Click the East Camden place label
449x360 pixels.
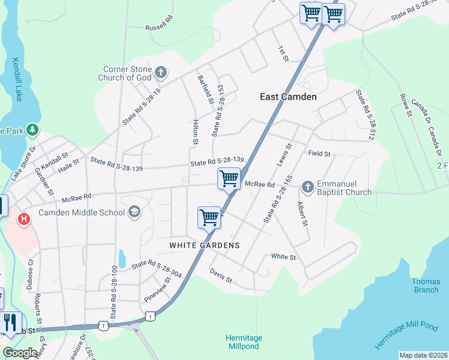tap(288, 96)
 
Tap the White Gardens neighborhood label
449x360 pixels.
tap(204, 245)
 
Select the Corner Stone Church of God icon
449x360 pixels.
tap(160, 73)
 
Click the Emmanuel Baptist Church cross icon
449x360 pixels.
tap(307, 187)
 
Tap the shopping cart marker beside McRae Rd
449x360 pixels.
tap(229, 179)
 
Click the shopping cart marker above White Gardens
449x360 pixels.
tap(209, 217)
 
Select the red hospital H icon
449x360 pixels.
tap(24, 220)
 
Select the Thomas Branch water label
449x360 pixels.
tap(426, 286)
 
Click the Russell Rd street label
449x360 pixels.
tap(158, 28)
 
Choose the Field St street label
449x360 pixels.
tap(319, 154)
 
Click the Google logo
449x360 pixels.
tap(20, 353)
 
